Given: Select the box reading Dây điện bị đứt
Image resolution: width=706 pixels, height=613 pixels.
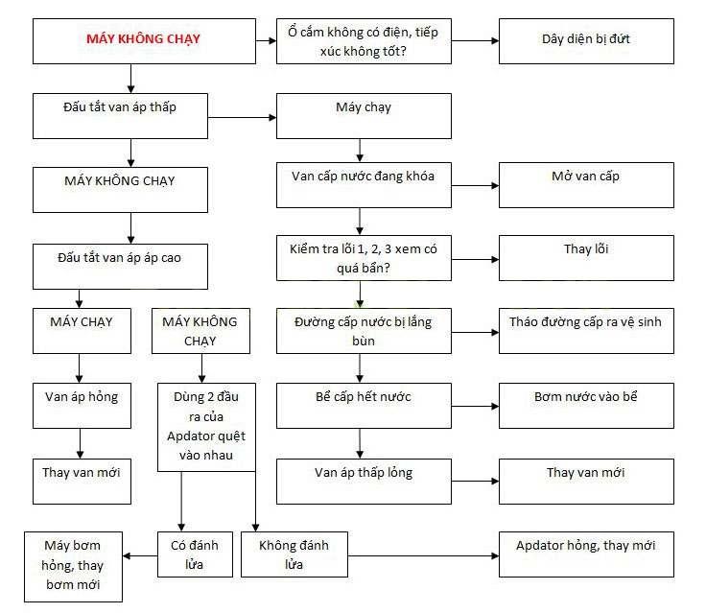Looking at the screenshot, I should [585, 40].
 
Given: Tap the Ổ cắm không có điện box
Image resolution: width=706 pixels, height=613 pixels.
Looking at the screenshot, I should [364, 41].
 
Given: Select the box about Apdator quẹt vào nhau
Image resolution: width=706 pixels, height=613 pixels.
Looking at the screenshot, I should [207, 428].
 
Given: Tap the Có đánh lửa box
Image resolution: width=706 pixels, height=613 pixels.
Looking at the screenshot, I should [196, 554].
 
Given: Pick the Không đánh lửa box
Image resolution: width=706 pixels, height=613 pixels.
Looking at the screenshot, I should [294, 554].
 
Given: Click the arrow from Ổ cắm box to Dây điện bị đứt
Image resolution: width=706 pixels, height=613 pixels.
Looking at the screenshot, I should [475, 40].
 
